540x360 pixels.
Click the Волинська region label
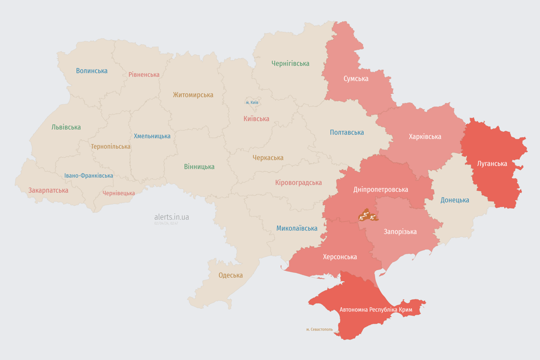92,71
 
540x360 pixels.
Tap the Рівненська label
144,75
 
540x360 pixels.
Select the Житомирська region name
193,95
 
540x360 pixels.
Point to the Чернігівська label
290,63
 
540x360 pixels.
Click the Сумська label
356,78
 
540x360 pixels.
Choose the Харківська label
425,136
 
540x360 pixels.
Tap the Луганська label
492,164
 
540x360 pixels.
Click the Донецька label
455,200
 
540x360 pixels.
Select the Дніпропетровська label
381,189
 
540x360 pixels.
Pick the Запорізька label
400,232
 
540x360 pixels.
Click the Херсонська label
340,257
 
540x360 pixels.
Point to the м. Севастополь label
319,330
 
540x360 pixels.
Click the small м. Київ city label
252,102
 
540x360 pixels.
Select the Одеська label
231,275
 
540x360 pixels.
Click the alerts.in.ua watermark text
172,217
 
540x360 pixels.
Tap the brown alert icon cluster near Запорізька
367,216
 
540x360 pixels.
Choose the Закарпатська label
48,190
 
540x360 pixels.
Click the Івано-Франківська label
89,176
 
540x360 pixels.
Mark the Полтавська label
347,132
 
